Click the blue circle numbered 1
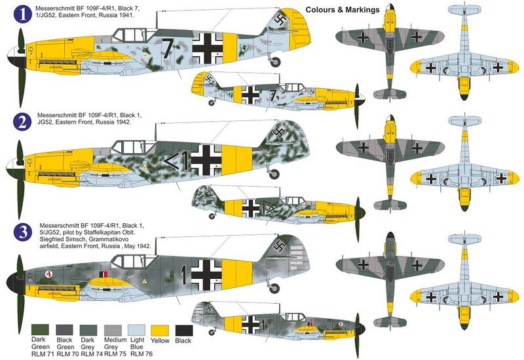pos(22,14)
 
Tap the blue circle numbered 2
pos(22,122)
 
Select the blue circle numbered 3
pos(22,232)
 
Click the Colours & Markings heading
pos(343,10)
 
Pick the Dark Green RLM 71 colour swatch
pos(40,330)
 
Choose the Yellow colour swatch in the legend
pos(160,331)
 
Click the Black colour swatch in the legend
pos(184,331)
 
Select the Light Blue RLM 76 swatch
pos(136,330)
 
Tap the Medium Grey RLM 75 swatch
pos(113,330)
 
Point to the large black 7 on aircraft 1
pos(168,48)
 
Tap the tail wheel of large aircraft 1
pos(275,62)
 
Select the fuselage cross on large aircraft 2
pos(206,160)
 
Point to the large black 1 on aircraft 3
pos(183,274)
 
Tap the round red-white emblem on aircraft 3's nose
pos(49,274)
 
